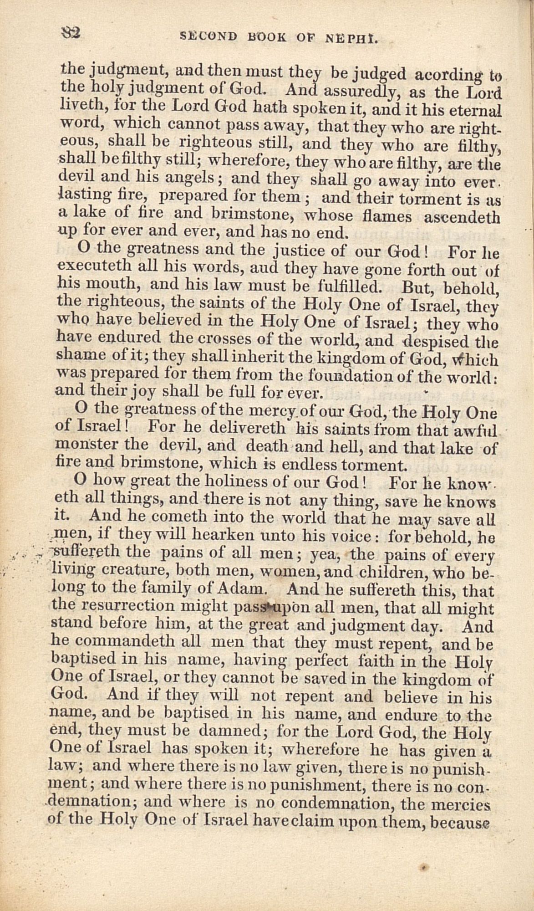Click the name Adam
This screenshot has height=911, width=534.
[239, 590]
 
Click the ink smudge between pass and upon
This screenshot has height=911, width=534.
[270, 607]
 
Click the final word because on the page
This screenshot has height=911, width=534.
[460, 821]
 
